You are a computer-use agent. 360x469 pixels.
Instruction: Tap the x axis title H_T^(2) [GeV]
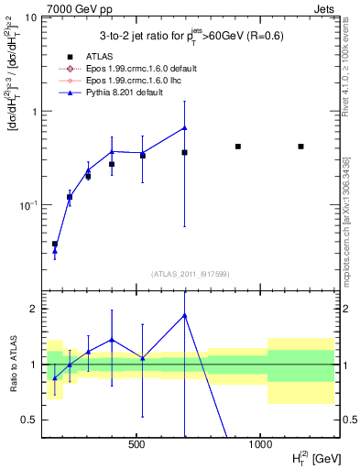pos(307,457)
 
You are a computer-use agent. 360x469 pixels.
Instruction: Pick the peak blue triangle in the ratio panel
pos(185,315)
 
